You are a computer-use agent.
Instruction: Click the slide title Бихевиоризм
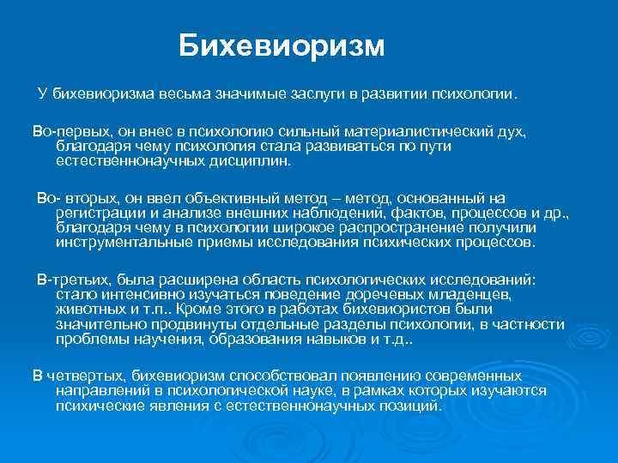pyautogui.click(x=282, y=46)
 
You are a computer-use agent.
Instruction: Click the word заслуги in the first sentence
pyautogui.click(x=317, y=92)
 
